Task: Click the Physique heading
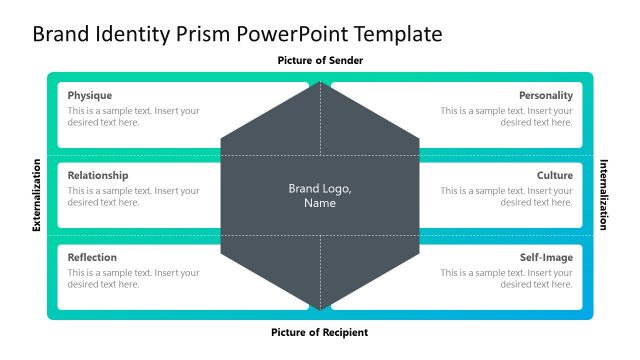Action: [x=90, y=95]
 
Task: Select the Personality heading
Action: [x=545, y=95]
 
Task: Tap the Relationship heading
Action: [x=98, y=175]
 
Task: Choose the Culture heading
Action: [x=554, y=175]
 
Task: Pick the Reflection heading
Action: [x=92, y=257]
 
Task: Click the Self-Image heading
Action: [x=546, y=257]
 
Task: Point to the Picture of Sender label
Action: [x=320, y=61]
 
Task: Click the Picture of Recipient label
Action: [x=320, y=331]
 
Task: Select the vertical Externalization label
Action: [x=37, y=195]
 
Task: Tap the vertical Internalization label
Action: [x=603, y=195]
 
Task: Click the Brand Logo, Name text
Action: [x=320, y=195]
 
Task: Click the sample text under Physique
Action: [x=133, y=116]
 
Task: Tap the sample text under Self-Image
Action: [x=507, y=278]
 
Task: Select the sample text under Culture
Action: [x=507, y=196]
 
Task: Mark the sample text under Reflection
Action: [x=133, y=278]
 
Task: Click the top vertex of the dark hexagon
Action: [x=320, y=82]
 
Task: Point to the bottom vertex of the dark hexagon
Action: [x=320, y=309]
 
